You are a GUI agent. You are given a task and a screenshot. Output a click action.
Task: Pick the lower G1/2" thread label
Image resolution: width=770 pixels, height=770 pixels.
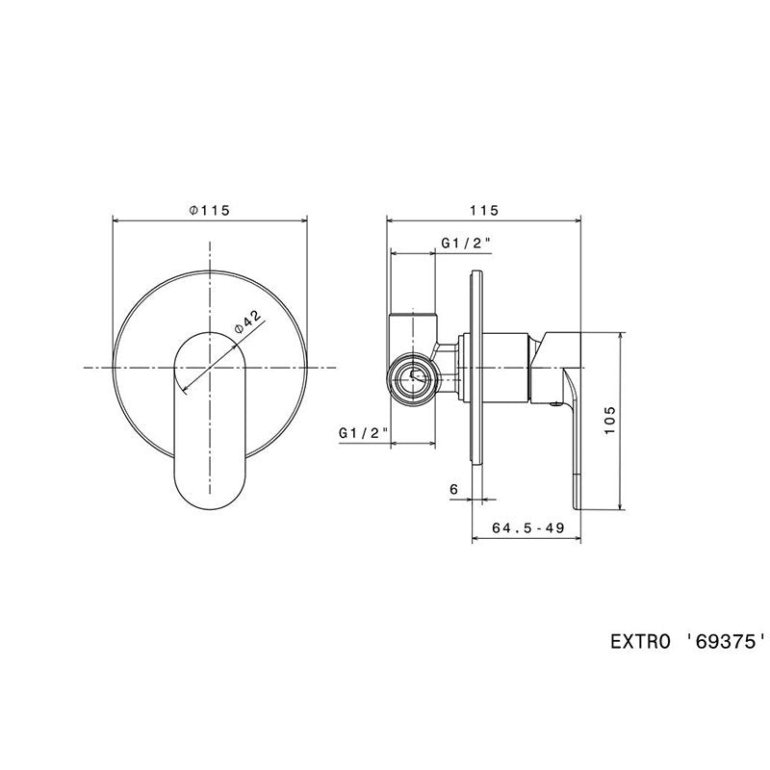point(363,434)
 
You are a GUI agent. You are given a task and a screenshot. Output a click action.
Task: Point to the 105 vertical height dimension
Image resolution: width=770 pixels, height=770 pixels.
point(610,421)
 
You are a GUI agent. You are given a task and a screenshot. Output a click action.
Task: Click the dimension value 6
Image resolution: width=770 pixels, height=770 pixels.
point(453,489)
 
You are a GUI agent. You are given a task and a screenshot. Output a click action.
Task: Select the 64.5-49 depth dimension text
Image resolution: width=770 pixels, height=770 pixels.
point(526,527)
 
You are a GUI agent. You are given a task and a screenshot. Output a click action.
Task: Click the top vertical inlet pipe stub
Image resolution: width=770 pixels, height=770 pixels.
point(413,317)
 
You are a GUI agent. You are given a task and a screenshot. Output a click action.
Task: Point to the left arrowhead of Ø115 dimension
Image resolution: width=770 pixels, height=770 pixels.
point(117,220)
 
